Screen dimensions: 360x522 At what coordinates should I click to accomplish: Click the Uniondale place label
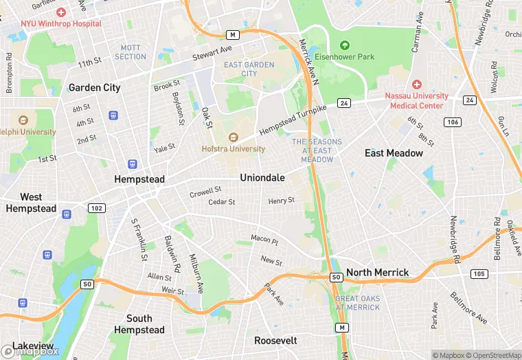click(262, 178)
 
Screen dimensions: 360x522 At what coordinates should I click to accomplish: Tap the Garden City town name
click(94, 88)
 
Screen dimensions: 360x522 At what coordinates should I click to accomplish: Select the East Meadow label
click(394, 153)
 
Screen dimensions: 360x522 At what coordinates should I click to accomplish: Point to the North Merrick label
click(377, 273)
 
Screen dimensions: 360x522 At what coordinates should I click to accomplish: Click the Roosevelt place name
click(275, 341)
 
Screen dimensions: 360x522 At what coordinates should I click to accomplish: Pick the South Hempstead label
click(145, 324)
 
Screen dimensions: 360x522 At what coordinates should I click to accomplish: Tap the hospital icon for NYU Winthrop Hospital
click(61, 12)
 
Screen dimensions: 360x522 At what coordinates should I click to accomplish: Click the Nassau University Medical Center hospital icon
click(417, 84)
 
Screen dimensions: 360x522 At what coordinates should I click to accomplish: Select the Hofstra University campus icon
click(233, 137)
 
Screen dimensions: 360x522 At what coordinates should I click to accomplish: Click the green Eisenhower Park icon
click(345, 45)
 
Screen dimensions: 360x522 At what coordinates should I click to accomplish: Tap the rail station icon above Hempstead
click(133, 164)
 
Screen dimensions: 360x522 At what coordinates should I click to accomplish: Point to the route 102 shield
click(97, 208)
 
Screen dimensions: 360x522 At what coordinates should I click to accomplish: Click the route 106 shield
click(452, 122)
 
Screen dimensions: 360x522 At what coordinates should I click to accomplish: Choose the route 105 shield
click(479, 274)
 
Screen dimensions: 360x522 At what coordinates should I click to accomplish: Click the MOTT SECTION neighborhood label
click(130, 52)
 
